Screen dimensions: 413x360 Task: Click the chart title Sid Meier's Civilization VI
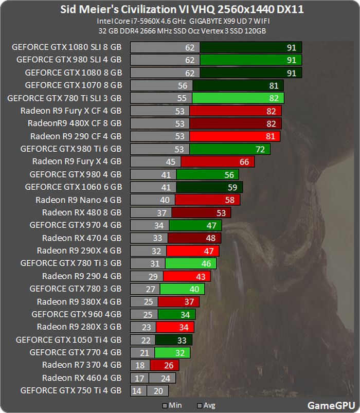pos(180,9)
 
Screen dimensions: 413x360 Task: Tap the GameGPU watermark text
pos(328,405)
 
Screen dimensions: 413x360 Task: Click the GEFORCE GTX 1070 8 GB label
pos(73,85)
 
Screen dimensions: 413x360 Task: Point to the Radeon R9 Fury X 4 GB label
pos(77,161)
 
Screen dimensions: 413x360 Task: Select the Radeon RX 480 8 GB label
pos(82,212)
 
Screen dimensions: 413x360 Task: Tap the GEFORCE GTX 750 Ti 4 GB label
pos(71,390)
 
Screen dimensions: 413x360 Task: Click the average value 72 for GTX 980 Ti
pos(260,149)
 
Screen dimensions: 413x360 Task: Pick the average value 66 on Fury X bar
pos(244,162)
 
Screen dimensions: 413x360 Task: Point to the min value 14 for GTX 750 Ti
pos(137,391)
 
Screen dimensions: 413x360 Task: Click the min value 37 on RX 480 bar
pos(161,212)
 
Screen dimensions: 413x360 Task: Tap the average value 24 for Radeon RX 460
pos(165,378)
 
